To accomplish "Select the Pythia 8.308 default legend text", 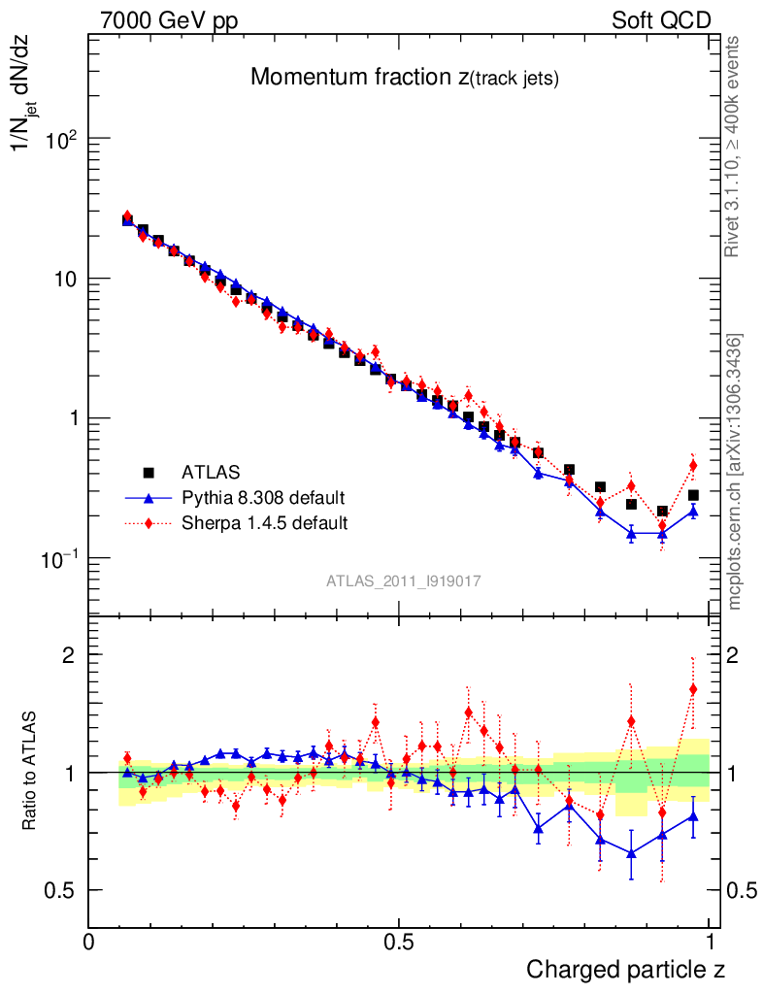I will (x=264, y=498).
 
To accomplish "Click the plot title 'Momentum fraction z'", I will (x=404, y=79).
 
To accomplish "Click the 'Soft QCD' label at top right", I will (x=661, y=20).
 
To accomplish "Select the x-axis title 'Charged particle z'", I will (x=625, y=969).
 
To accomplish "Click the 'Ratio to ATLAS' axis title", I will (x=31, y=773).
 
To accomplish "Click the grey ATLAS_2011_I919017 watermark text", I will (x=404, y=580).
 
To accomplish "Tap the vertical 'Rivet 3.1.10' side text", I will (x=734, y=146).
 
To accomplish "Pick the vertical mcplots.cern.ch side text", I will (x=734, y=471).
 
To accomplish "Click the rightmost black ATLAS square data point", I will (x=693, y=495).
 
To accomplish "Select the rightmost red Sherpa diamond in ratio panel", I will (x=693, y=689).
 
